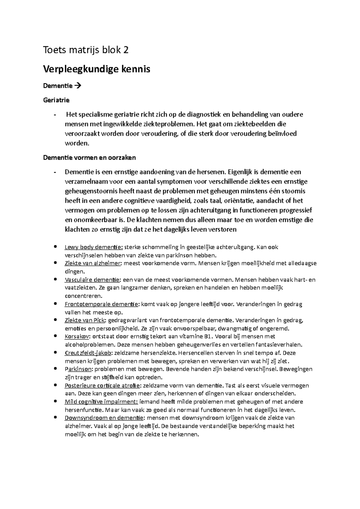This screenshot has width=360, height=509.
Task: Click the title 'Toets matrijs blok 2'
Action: [86, 50]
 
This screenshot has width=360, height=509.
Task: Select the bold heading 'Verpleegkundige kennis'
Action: [97, 69]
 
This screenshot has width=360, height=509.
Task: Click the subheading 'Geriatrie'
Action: [56, 100]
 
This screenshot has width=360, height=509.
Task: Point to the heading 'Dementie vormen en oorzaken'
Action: [89, 157]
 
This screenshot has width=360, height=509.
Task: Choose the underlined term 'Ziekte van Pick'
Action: [85, 320]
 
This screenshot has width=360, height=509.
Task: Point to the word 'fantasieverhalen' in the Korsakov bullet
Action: [279, 345]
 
